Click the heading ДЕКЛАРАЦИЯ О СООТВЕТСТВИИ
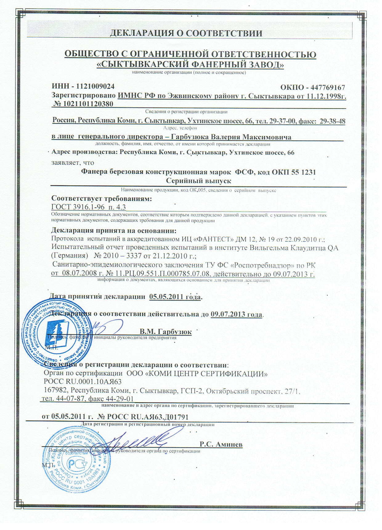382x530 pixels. click(x=186, y=33)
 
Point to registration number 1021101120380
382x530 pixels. click(x=87, y=104)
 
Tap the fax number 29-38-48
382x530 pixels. click(x=332, y=121)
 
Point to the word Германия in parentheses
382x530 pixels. click(x=68, y=256)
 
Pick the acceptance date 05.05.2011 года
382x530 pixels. click(x=175, y=297)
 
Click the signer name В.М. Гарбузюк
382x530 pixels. click(x=165, y=332)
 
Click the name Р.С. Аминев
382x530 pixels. click(x=221, y=445)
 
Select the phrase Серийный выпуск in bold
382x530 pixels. click(x=198, y=181)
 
